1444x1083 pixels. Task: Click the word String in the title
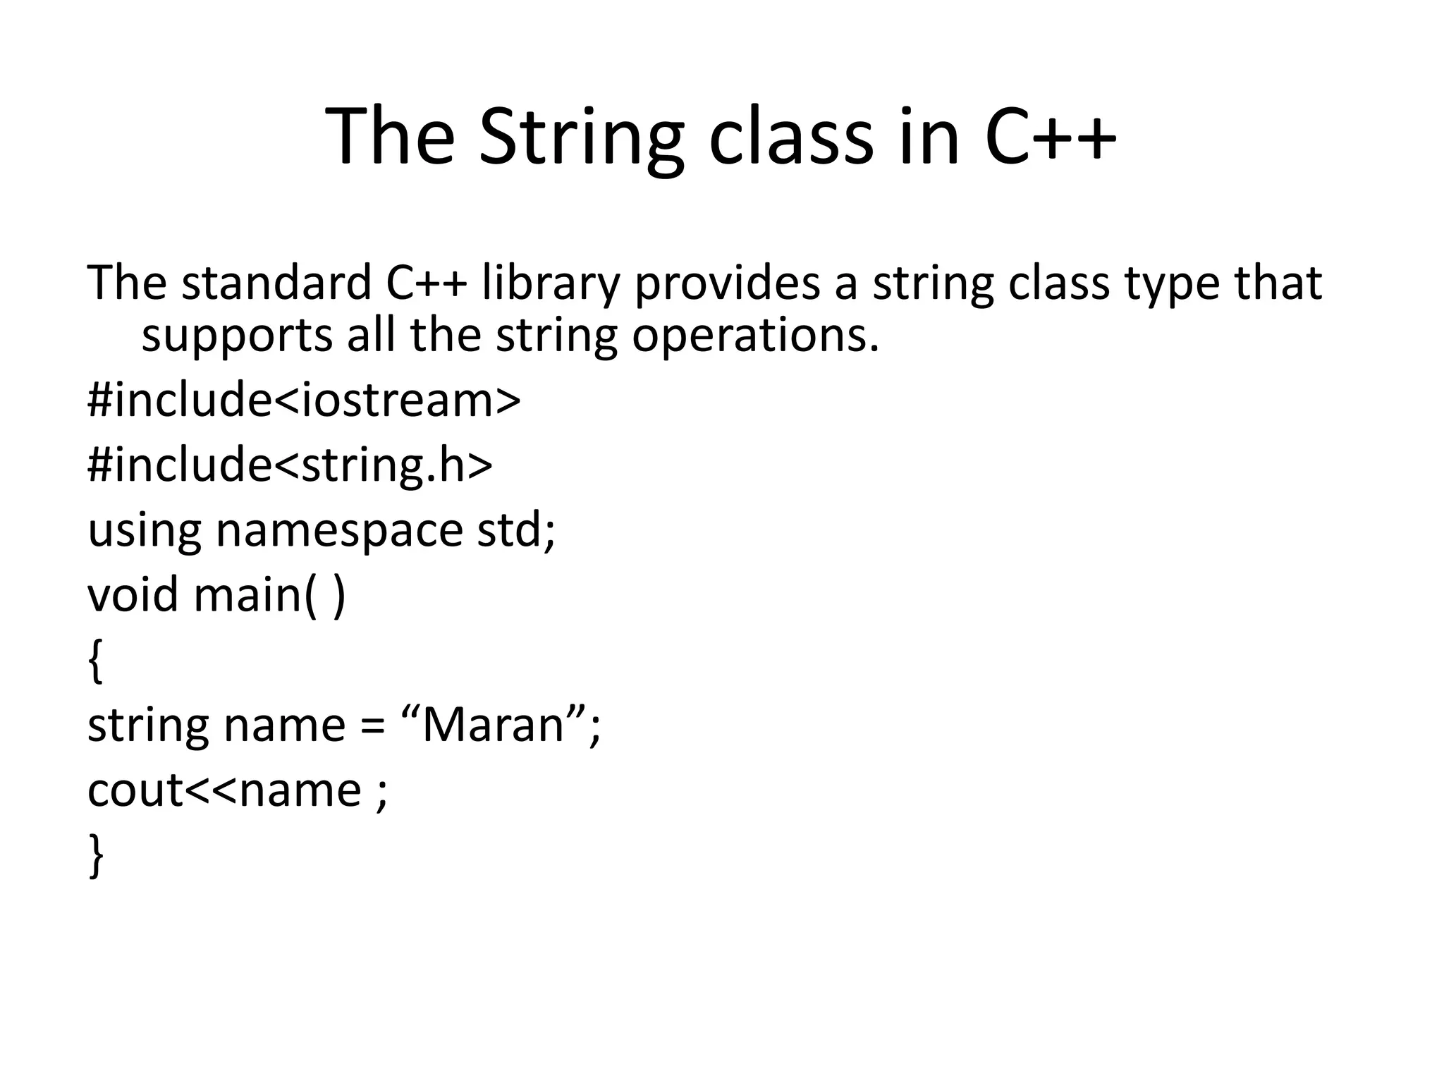click(x=580, y=137)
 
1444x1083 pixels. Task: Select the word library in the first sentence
click(x=550, y=283)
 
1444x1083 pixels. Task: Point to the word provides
click(x=727, y=283)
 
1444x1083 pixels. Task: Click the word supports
click(x=237, y=336)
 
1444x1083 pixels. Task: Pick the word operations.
click(x=755, y=336)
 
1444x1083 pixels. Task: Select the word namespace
click(x=339, y=530)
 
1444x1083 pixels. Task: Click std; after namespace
click(x=516, y=530)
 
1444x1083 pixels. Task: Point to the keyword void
click(x=133, y=594)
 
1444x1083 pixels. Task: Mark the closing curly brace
click(x=96, y=855)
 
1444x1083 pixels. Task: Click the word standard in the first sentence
click(x=276, y=283)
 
